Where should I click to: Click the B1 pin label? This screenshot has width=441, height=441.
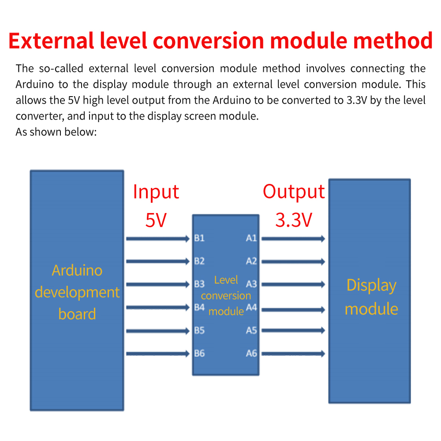(x=199, y=238)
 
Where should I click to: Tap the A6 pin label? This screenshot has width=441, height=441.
(x=251, y=353)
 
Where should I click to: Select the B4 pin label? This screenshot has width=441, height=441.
(x=199, y=307)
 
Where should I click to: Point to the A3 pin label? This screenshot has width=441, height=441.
(x=251, y=284)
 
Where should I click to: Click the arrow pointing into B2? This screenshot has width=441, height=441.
(x=158, y=262)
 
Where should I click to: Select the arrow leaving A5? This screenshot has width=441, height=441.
(x=293, y=330)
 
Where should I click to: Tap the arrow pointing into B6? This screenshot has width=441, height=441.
(x=158, y=354)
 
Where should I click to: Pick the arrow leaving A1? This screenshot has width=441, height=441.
(x=293, y=239)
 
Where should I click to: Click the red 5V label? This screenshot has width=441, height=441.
(x=156, y=220)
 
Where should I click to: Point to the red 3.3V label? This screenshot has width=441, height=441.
(x=294, y=220)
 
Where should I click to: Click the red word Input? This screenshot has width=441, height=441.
(x=156, y=192)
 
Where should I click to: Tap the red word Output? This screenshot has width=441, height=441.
(x=294, y=192)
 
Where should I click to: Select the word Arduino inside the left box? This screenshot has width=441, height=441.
(x=77, y=271)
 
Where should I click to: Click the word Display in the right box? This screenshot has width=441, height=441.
(x=371, y=286)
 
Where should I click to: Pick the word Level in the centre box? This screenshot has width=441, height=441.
(x=226, y=280)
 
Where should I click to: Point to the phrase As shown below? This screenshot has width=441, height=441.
(x=56, y=132)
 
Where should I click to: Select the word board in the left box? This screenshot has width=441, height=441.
(x=77, y=314)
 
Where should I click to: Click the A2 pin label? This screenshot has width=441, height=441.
(x=251, y=261)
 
